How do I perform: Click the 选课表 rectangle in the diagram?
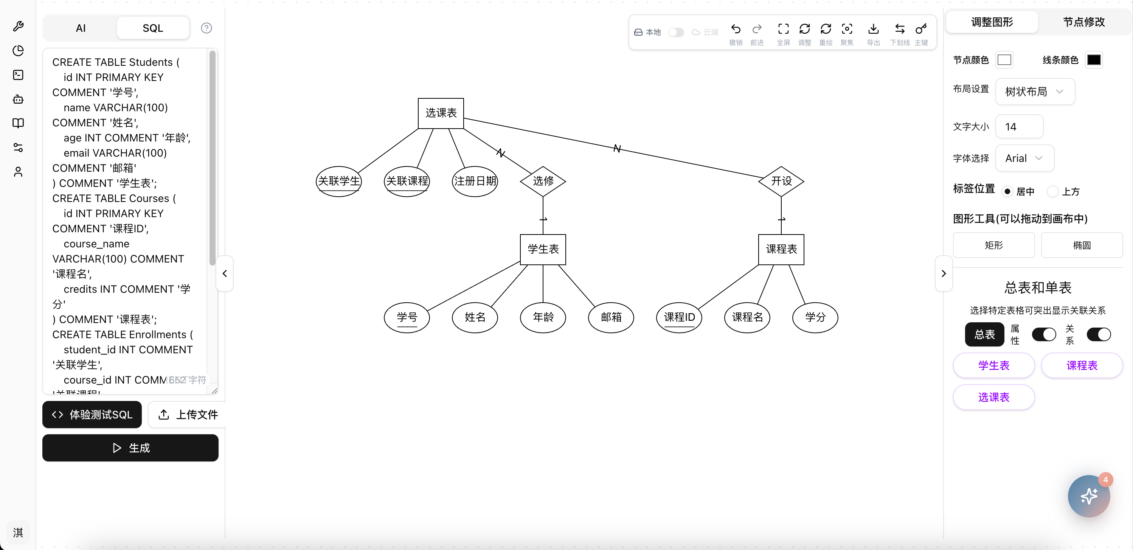point(441,113)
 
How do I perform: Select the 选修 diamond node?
point(543,181)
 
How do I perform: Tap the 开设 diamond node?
point(781,181)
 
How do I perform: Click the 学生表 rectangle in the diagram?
point(543,249)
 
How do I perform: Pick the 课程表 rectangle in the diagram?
point(781,249)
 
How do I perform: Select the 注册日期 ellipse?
point(475,181)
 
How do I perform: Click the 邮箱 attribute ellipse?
point(611,317)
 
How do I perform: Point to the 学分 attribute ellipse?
point(815,317)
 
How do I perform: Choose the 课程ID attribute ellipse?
point(679,317)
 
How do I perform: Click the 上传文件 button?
point(188,415)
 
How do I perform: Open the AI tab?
point(81,28)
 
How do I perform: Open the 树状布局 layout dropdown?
point(1034,92)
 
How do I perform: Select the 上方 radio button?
point(1052,191)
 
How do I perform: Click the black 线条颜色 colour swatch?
point(1093,60)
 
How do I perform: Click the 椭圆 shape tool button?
point(1082,245)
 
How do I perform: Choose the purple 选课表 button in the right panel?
point(993,397)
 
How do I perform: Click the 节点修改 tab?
point(1083,22)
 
